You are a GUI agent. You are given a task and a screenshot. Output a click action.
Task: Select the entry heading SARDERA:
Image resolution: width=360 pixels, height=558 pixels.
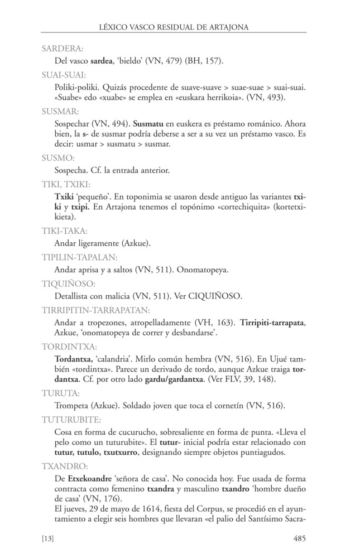62,49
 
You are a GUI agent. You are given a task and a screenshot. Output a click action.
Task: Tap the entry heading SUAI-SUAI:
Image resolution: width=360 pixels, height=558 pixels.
63,74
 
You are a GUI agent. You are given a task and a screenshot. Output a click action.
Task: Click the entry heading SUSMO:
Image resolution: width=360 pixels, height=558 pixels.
58,158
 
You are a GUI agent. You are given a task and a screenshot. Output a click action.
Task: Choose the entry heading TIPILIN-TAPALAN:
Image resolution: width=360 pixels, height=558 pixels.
79,257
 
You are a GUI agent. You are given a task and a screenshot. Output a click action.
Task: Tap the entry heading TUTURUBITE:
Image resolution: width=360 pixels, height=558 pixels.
71,418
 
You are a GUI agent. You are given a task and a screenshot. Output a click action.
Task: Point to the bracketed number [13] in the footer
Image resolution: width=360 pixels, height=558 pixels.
49,539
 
